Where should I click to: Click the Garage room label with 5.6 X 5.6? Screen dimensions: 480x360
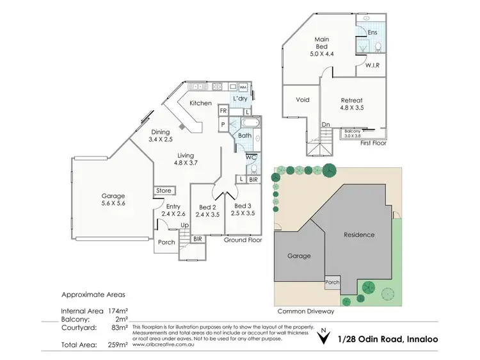click(x=113, y=196)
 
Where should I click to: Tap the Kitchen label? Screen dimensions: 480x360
click(x=200, y=103)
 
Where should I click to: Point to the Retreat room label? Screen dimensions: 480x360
click(x=351, y=101)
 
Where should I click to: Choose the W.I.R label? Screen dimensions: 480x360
click(x=374, y=65)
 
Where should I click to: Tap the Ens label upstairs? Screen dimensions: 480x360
click(x=372, y=31)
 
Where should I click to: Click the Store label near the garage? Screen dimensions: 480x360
click(x=164, y=190)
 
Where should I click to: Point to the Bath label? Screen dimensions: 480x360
click(x=244, y=136)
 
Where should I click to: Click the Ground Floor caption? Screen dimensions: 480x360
click(x=243, y=240)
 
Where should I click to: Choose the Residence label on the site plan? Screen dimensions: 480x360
click(x=359, y=234)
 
